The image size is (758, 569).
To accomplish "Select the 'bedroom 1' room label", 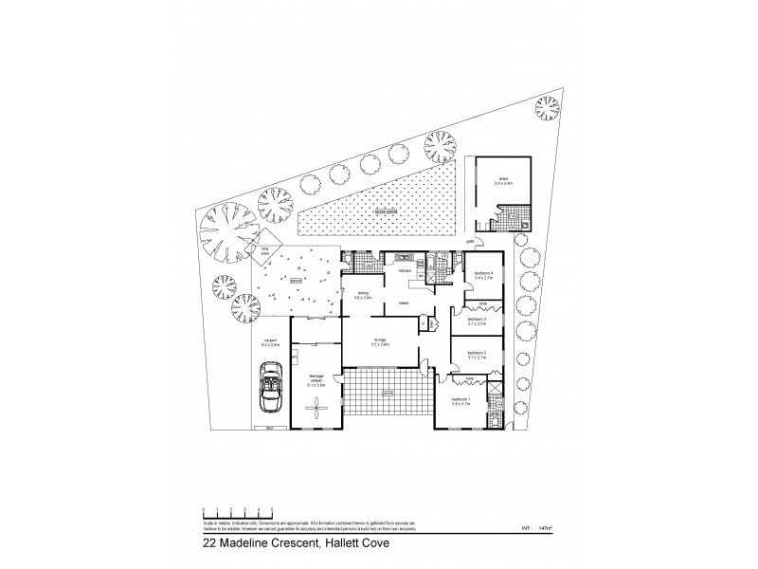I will click(460, 402).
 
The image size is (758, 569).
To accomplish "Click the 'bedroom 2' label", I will click(477, 355).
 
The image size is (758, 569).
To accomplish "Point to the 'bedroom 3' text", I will click(477, 321).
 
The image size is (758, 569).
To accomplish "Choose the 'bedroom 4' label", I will click(482, 275).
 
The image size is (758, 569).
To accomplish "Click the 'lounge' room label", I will click(379, 339).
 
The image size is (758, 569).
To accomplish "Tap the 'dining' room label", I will click(362, 295).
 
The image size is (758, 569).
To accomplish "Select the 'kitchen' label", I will click(405, 270).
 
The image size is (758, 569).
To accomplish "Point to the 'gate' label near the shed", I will click(469, 242).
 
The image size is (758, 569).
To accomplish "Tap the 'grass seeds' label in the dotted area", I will click(384, 212).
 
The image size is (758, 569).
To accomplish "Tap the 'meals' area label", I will click(404, 303).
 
